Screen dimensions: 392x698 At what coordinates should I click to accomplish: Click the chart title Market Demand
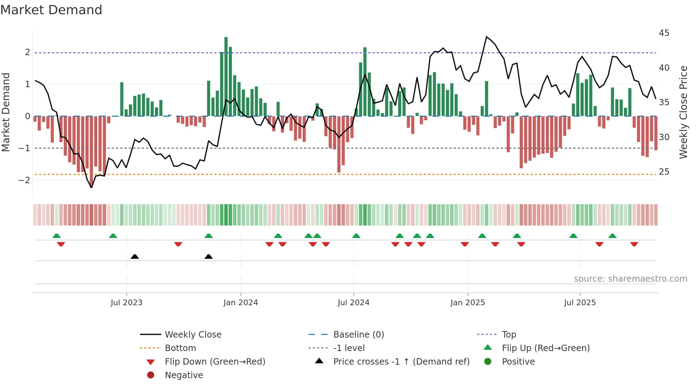[51, 10]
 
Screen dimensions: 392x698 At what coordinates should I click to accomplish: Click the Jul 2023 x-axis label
[126, 303]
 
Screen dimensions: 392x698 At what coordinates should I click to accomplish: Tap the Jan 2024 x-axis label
[240, 303]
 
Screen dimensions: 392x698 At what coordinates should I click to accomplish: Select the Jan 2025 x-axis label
[467, 303]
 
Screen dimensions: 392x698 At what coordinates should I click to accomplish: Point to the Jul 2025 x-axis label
[580, 303]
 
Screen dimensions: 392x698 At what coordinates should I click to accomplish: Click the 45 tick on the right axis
[664, 33]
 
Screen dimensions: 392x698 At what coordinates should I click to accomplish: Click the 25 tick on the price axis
[664, 172]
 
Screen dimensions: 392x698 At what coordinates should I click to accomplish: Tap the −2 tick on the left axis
[24, 180]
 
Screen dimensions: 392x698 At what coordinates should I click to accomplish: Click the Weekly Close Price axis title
[683, 112]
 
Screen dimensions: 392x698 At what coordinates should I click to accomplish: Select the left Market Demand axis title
[6, 112]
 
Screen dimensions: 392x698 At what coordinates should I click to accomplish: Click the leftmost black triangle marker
[135, 256]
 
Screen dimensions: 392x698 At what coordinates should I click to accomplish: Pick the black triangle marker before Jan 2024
[209, 256]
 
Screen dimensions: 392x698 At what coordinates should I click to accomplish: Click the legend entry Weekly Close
[193, 334]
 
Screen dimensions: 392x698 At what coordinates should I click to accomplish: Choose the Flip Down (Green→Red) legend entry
[215, 361]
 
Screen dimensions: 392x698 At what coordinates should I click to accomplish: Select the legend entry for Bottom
[180, 348]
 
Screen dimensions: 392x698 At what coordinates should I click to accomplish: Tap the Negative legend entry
[184, 375]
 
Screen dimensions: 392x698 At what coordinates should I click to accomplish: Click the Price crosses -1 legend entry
[401, 361]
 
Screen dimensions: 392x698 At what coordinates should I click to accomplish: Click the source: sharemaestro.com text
[630, 279]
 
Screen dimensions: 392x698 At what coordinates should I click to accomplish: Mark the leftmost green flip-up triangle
[57, 236]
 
